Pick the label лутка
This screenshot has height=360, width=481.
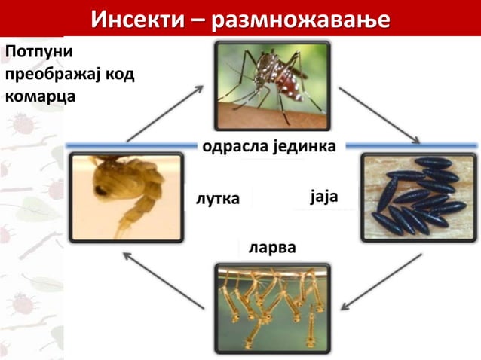(217, 199)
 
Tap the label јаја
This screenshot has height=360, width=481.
(323, 197)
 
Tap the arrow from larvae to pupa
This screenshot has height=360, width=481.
(163, 280)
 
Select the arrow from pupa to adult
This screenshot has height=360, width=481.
(165, 113)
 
